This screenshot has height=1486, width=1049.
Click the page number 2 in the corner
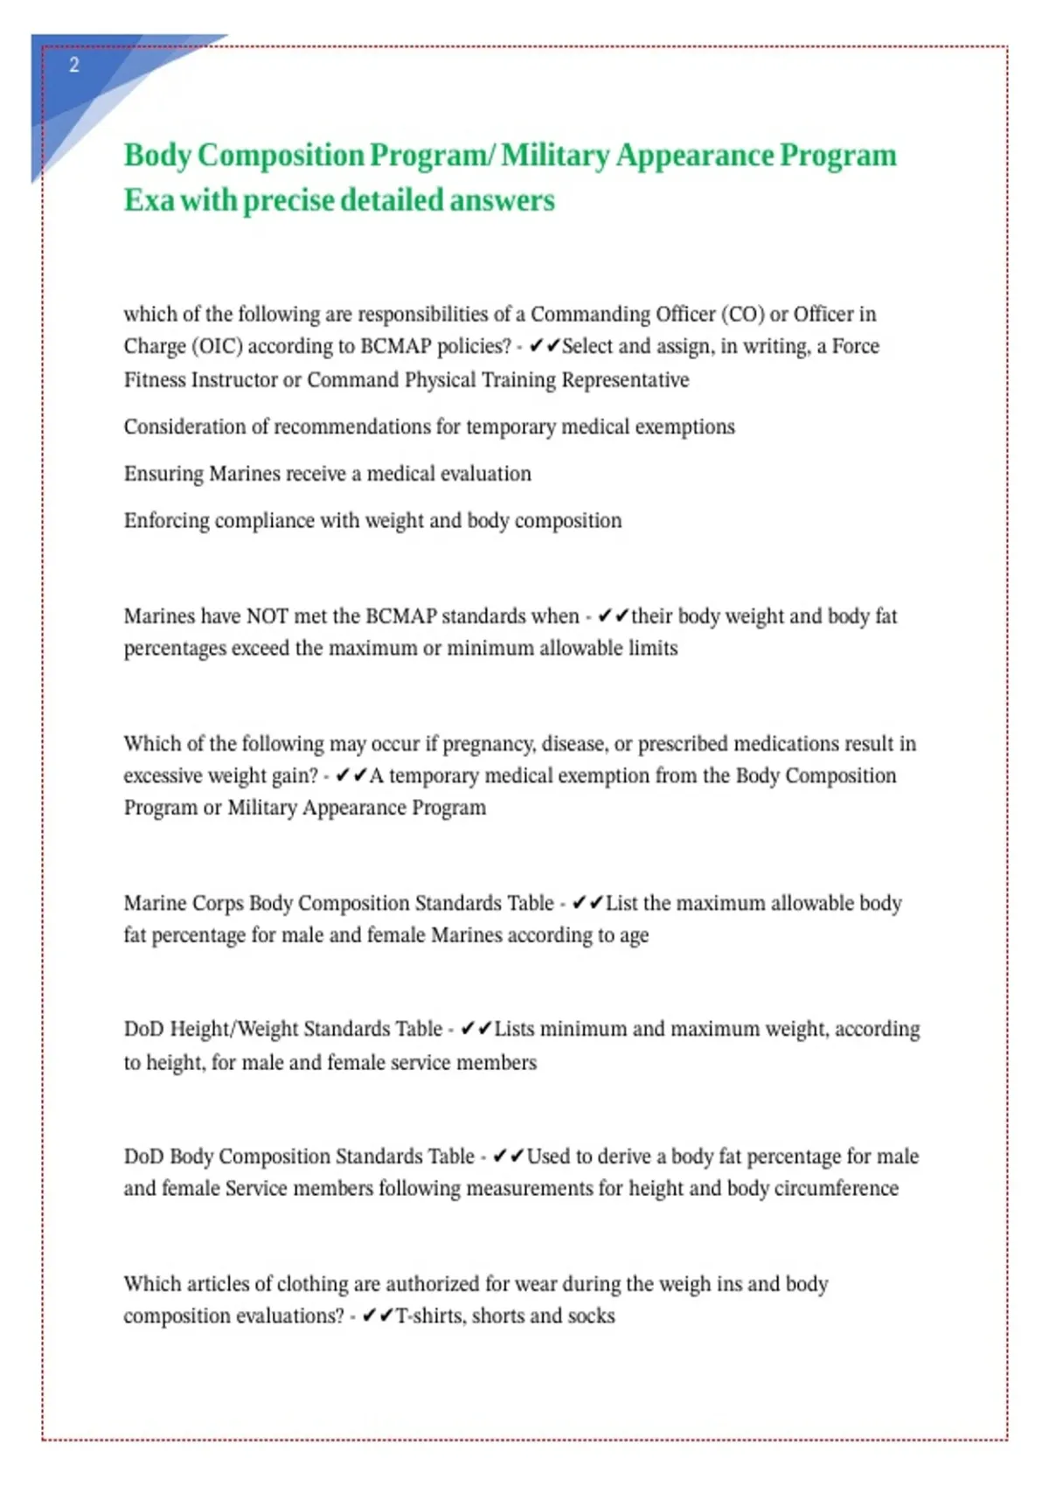pyautogui.click(x=74, y=65)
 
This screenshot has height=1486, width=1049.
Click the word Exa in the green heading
pyautogui.click(x=149, y=200)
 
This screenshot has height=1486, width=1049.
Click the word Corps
pyautogui.click(x=218, y=903)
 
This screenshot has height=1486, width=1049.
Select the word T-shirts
pyautogui.click(x=429, y=1316)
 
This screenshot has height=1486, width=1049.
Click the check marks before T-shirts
pyautogui.click(x=378, y=1316)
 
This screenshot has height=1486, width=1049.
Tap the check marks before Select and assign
pyautogui.click(x=544, y=346)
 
